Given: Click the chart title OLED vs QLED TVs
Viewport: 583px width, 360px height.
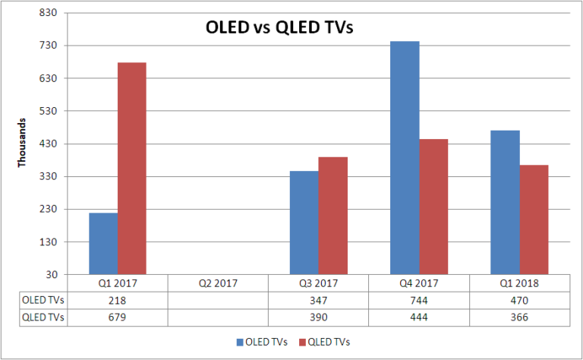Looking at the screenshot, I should [x=282, y=29].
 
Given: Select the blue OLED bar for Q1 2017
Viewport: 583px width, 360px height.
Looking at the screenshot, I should [x=103, y=243].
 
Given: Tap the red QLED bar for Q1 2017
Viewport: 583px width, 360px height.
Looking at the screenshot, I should [x=132, y=168].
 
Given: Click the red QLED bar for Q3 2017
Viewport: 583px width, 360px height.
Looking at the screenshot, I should [x=332, y=216].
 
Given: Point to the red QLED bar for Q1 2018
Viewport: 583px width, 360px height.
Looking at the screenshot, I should [x=534, y=219].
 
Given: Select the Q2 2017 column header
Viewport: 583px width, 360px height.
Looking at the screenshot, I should [x=217, y=283].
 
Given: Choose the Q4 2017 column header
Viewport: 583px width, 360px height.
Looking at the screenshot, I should [x=418, y=283].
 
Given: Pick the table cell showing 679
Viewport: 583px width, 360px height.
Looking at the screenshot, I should [x=117, y=316].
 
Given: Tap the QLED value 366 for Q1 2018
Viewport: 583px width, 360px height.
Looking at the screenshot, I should [x=519, y=316].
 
